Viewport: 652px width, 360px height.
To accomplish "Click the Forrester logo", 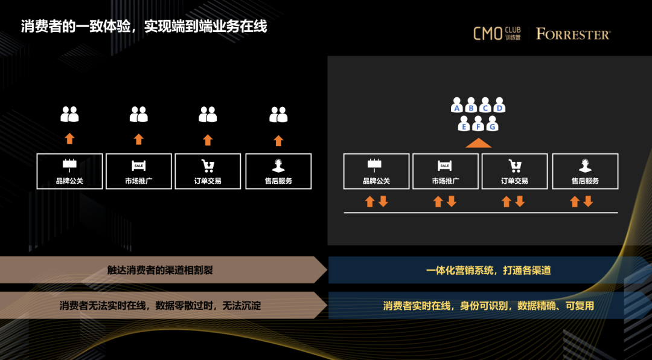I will [x=573, y=34].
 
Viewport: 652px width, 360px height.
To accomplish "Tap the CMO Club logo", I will [x=497, y=33].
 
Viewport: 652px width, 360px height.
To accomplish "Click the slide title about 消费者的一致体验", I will [x=144, y=27].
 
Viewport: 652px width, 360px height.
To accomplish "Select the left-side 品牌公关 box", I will [x=69, y=171].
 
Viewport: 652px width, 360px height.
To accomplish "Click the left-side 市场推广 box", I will [x=139, y=171].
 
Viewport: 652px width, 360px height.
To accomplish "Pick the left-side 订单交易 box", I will [x=208, y=171].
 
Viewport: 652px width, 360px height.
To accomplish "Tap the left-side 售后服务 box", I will [x=279, y=171].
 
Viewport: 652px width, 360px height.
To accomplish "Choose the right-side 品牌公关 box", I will [x=376, y=171].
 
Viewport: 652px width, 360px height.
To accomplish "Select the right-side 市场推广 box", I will [x=445, y=171].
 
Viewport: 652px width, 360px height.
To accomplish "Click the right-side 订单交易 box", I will [x=514, y=171].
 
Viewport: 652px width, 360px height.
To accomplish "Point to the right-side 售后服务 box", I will [x=585, y=171].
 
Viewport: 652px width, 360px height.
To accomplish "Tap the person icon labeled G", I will [x=492, y=125].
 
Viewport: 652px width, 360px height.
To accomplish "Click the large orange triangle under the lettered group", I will [x=478, y=143].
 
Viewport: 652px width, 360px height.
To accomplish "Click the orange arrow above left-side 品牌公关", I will [x=69, y=139].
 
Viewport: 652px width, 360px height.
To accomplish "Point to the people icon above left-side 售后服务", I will [x=278, y=114].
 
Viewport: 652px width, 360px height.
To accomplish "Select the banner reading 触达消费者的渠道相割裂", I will [x=160, y=271].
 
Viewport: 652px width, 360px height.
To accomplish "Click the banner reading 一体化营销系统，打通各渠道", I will [x=488, y=271].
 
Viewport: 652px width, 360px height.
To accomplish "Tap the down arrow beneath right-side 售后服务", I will [x=589, y=201].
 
